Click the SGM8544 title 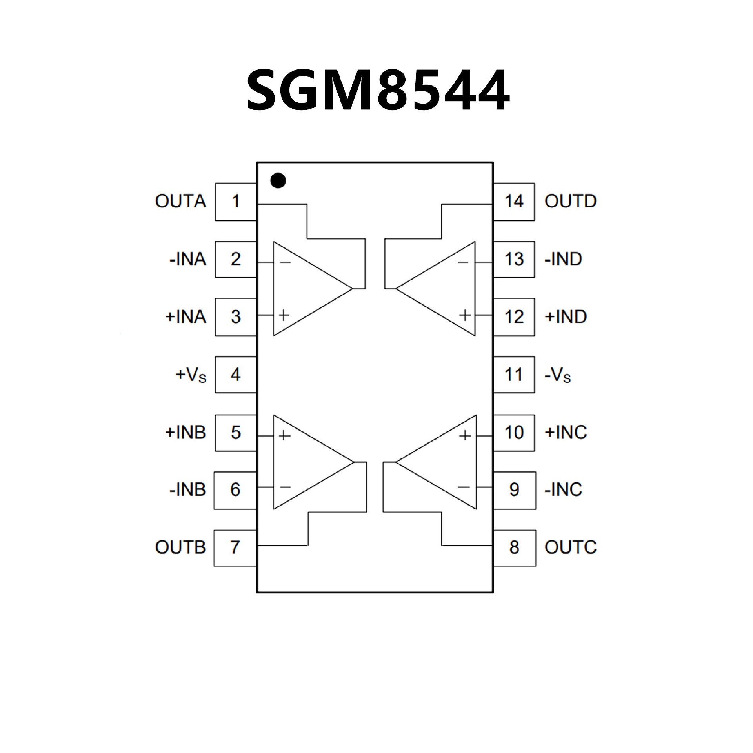tap(378, 90)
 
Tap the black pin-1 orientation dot tap(278, 180)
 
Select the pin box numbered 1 tap(236, 202)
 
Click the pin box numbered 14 tap(514, 202)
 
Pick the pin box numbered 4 tap(236, 375)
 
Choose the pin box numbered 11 tap(514, 375)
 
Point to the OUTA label tap(180, 202)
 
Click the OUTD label tap(570, 202)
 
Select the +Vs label tap(191, 375)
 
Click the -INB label tap(187, 489)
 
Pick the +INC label tap(566, 432)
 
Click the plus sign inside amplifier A tap(284, 315)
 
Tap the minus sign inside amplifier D tap(463, 262)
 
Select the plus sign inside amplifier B tap(284, 435)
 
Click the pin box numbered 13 tap(514, 259)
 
